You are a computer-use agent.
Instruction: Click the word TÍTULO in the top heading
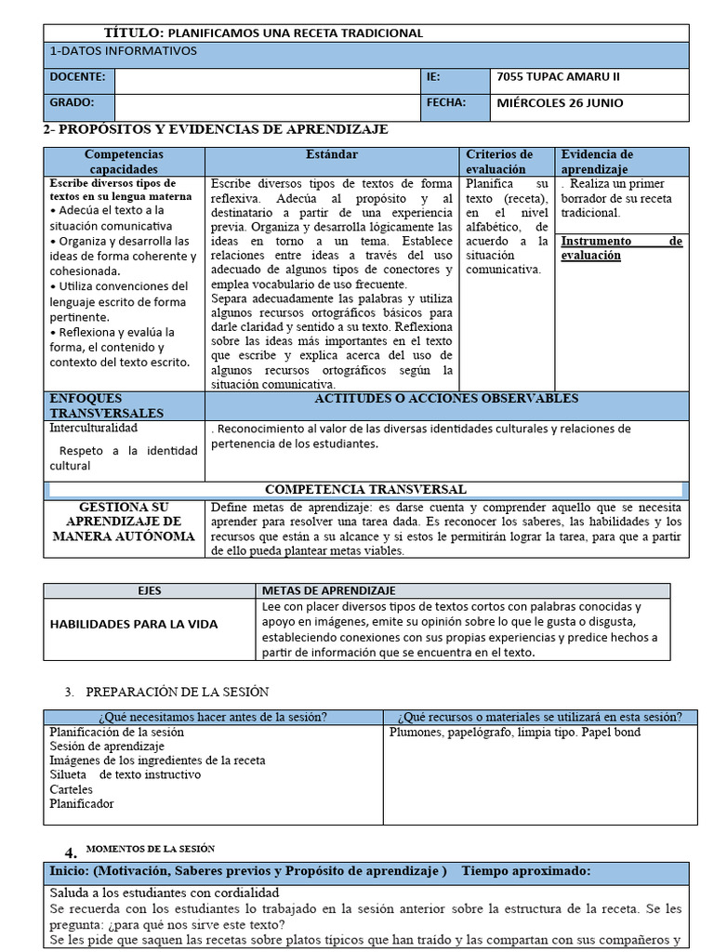[x=133, y=33]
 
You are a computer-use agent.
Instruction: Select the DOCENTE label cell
[x=78, y=78]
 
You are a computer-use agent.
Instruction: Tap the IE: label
[x=433, y=78]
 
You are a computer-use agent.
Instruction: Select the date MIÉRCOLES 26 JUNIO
[x=561, y=103]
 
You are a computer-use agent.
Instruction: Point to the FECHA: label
[x=445, y=103]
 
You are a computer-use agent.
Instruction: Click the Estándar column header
[x=332, y=154]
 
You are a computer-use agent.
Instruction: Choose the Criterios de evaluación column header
[x=499, y=162]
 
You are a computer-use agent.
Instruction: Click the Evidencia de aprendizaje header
[x=598, y=162]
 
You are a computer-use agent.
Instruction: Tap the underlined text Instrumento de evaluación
[x=622, y=248]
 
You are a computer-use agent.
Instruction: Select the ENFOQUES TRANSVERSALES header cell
[x=106, y=405]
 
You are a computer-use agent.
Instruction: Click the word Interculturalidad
[x=93, y=429]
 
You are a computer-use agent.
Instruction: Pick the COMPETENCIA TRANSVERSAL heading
[x=365, y=489]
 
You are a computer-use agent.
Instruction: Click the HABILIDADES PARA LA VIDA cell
[x=134, y=624]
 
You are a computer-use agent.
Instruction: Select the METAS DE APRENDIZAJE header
[x=329, y=590]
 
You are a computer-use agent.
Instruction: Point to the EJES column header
[x=150, y=590]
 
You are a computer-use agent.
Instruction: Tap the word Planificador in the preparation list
[x=82, y=804]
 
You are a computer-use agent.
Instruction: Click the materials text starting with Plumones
[x=514, y=733]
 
